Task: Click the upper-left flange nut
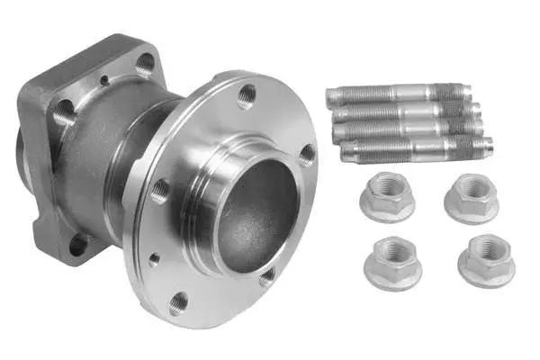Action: (x=386, y=197)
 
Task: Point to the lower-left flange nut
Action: (x=392, y=262)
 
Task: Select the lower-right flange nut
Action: (x=486, y=261)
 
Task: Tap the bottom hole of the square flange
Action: (x=79, y=244)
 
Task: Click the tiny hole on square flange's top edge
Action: (x=104, y=79)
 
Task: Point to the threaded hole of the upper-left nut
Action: (x=387, y=192)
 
